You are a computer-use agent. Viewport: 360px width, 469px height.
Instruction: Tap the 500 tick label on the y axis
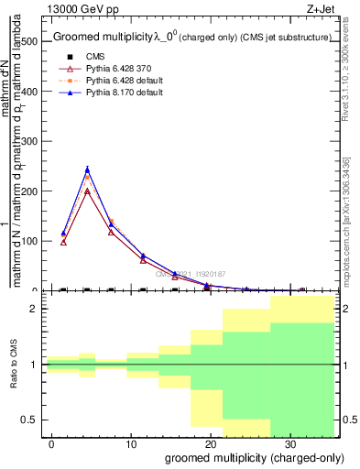[31, 41]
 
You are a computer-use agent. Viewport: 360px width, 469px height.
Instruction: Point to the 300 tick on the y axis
[31, 141]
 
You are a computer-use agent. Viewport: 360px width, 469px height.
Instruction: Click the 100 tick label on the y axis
[31, 241]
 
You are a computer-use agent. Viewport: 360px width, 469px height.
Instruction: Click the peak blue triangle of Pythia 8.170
[87, 169]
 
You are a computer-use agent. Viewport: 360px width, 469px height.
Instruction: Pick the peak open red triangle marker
[87, 191]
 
